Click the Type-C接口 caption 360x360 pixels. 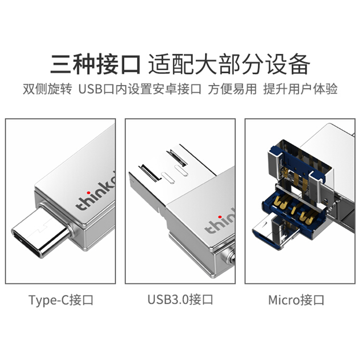[x=61, y=300]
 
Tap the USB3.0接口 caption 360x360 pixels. [x=180, y=300]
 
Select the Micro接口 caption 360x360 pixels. [x=296, y=300]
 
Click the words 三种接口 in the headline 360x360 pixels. [x=95, y=64]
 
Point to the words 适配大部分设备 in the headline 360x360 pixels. [x=229, y=64]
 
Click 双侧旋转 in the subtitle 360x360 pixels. [x=47, y=89]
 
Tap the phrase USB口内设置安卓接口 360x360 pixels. [x=140, y=89]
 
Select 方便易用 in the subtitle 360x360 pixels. [x=232, y=89]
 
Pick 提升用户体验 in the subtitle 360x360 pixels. [x=300, y=89]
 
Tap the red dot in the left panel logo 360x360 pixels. [x=88, y=193]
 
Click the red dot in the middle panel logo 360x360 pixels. [x=220, y=217]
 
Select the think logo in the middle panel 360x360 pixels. [x=220, y=221]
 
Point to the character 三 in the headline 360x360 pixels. [x=61, y=64]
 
